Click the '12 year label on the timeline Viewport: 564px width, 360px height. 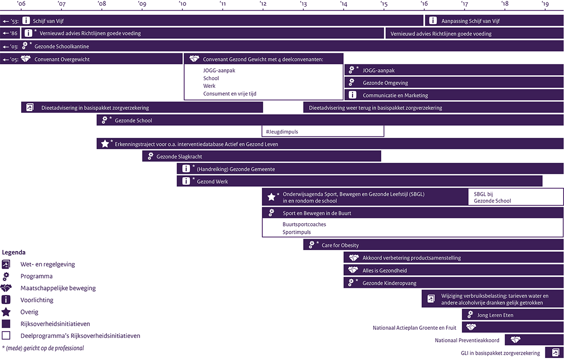[x=263, y=4]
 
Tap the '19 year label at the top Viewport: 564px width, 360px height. [x=545, y=4]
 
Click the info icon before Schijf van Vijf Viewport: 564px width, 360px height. [x=26, y=21]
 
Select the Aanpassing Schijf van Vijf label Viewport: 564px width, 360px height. [x=470, y=21]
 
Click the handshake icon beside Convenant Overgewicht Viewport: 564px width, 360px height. [x=25, y=59]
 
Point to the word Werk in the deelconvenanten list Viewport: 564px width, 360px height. [x=209, y=85]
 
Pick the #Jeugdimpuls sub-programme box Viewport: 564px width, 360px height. [x=323, y=132]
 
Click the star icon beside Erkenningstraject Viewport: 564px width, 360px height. [x=105, y=144]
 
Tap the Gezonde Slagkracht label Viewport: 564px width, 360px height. [x=179, y=156]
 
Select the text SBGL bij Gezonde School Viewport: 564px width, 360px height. [x=492, y=197]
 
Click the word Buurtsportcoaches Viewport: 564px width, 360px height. [x=304, y=224]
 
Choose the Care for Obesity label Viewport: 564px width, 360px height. [x=340, y=245]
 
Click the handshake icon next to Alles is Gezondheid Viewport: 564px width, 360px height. [x=353, y=270]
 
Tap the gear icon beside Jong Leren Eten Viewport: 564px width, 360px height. [x=470, y=315]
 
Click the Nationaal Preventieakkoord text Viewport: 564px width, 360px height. [x=467, y=340]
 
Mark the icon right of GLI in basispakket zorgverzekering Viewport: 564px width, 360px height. [x=555, y=352]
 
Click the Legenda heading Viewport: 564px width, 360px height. [x=13, y=252]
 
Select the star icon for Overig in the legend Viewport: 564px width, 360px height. [x=6, y=312]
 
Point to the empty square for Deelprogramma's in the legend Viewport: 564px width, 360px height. [x=6, y=336]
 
